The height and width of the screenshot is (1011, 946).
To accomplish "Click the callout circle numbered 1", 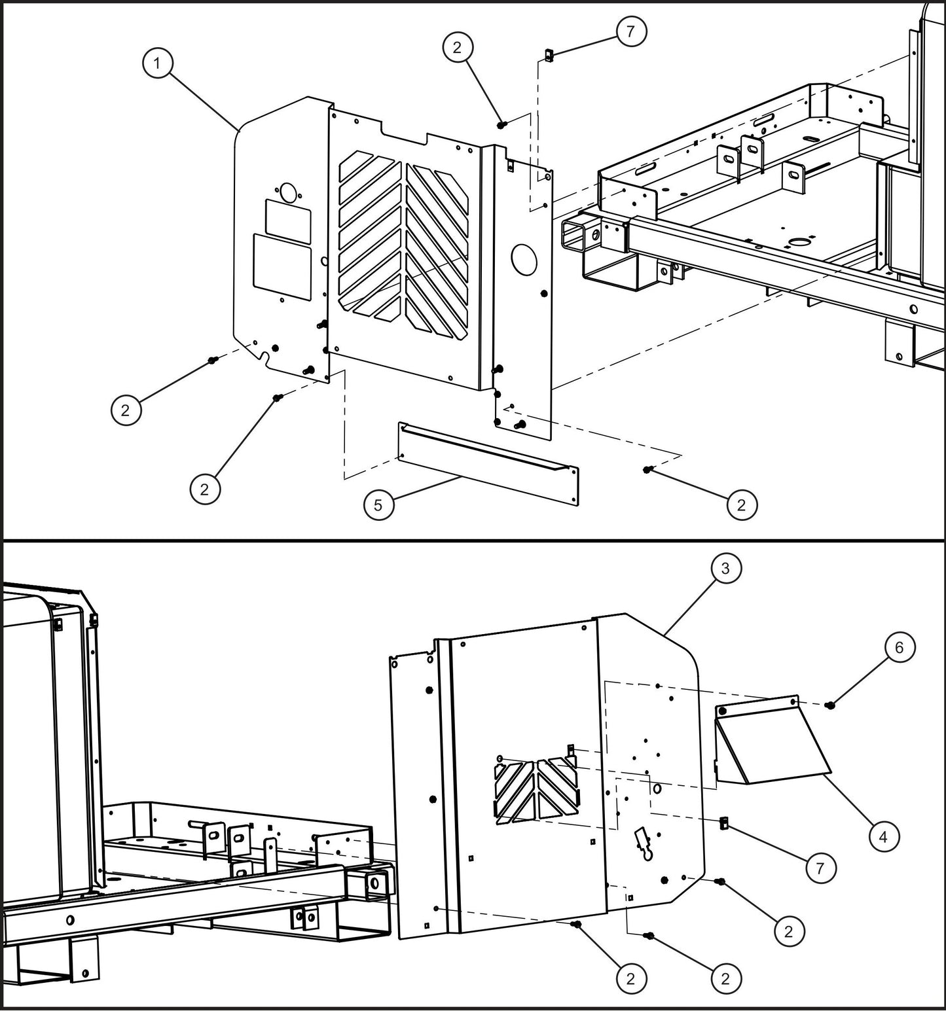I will [156, 64].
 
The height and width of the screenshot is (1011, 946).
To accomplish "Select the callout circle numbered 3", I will [725, 569].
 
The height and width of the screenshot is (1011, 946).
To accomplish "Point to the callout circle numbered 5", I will [378, 505].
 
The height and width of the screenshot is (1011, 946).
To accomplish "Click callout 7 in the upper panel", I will [630, 31].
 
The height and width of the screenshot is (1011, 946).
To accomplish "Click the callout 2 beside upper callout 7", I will [457, 46].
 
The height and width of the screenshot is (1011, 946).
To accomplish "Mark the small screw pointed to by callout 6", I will [831, 705].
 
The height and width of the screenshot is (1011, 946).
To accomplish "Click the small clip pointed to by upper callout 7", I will [549, 56].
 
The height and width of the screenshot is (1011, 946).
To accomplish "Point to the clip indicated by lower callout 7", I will [724, 823].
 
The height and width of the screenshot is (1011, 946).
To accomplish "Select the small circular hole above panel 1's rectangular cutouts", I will [287, 192].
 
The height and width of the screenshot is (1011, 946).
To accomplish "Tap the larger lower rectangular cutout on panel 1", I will [282, 267].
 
